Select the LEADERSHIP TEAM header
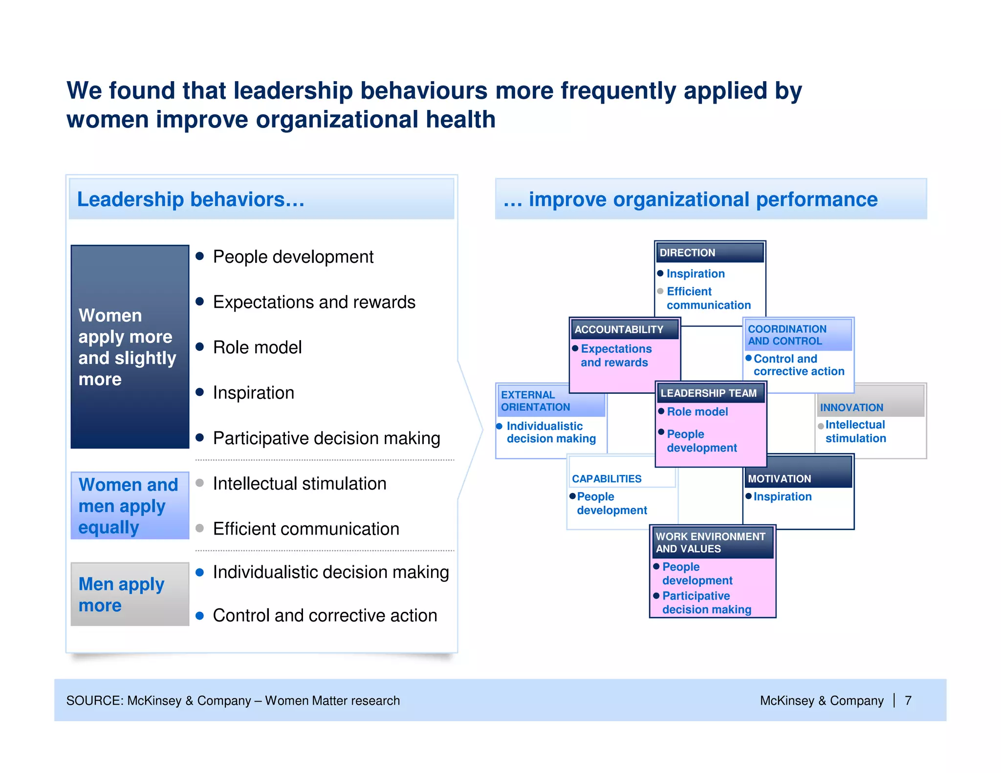[708, 393]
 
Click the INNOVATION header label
[851, 408]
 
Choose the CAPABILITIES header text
[607, 479]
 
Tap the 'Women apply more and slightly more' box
[130, 346]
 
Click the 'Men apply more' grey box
[130, 594]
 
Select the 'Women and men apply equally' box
[130, 506]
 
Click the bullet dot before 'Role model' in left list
[199, 347]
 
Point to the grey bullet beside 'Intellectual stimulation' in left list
[199, 483]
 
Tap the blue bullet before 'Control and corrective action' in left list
[199, 616]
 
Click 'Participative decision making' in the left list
[326, 438]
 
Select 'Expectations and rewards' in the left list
[314, 302]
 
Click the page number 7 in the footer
[908, 701]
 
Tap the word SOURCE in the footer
[94, 701]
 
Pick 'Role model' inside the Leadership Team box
[697, 412]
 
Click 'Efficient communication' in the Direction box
[708, 298]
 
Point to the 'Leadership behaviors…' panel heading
[191, 199]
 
